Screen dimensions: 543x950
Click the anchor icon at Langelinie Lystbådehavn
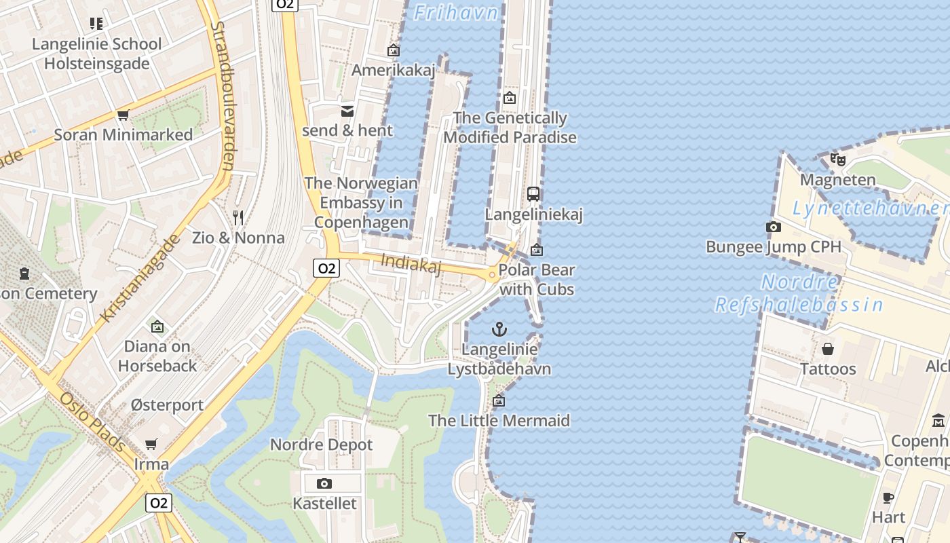point(499,330)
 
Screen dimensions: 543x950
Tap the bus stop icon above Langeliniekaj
point(533,194)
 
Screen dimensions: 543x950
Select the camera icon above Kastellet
point(324,483)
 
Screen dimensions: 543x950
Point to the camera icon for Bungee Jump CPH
point(773,227)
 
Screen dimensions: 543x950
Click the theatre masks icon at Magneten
point(837,160)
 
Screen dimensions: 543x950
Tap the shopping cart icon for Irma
point(151,444)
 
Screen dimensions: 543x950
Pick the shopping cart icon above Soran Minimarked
point(123,115)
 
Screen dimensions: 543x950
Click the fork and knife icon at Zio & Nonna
point(237,217)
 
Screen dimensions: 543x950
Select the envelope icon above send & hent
point(347,111)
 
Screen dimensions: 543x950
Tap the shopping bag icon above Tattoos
point(828,349)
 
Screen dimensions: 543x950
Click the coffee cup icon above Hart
point(888,498)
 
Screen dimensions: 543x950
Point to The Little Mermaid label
point(499,421)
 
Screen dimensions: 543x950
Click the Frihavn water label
point(456,13)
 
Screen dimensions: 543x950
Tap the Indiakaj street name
point(411,263)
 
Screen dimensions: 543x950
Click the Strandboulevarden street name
point(223,95)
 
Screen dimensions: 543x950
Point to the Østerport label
point(167,405)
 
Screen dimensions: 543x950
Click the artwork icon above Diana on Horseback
point(157,326)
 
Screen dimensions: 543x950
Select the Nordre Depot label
point(321,445)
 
